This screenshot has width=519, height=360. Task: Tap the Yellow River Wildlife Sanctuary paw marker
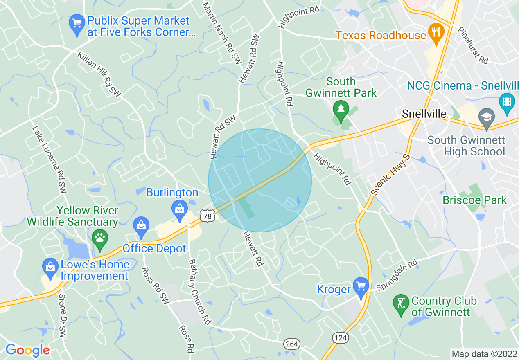(x=99, y=237)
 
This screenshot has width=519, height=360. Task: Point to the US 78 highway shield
(x=208, y=216)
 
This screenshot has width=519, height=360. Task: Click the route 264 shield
(x=292, y=344)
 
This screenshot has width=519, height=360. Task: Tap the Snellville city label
(x=424, y=114)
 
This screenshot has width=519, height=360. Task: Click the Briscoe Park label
(x=474, y=200)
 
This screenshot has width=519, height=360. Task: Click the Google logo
(x=27, y=350)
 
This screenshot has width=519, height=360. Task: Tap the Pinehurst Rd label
(x=473, y=45)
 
